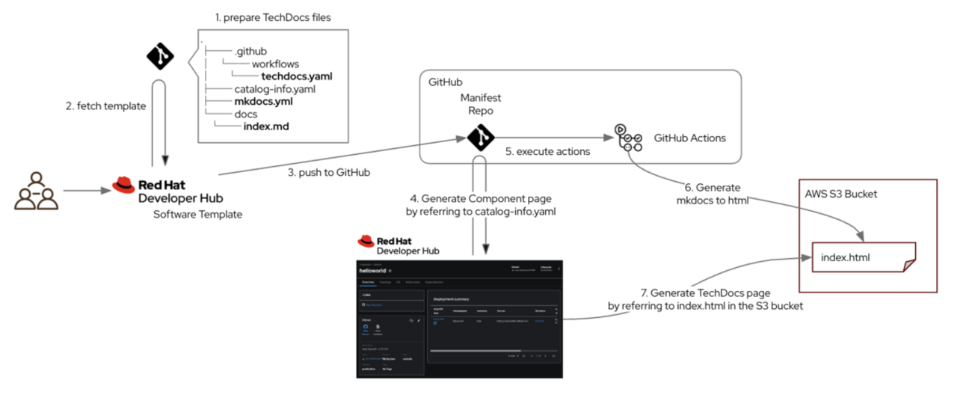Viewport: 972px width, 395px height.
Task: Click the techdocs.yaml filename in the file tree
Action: coord(296,76)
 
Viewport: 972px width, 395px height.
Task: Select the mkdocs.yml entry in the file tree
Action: coord(260,101)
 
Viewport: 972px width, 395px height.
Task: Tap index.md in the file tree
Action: coord(266,126)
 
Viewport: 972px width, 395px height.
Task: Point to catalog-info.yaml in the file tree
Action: coord(274,88)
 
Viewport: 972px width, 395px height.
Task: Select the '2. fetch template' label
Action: coord(105,105)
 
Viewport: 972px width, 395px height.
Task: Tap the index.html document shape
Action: coord(863,258)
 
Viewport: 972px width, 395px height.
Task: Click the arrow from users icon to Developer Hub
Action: coord(84,192)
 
